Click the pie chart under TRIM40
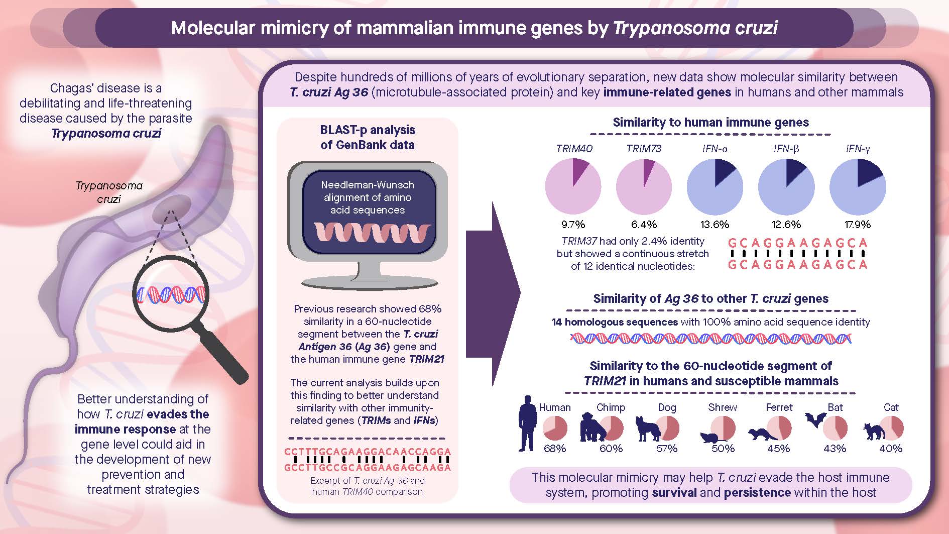[x=573, y=186]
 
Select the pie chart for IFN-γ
[x=858, y=186]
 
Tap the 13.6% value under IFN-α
[x=715, y=225]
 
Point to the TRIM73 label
[x=643, y=149]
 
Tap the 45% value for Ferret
[x=779, y=448]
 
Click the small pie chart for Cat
[x=892, y=428]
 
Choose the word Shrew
[x=723, y=407]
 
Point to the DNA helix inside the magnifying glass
[x=171, y=294]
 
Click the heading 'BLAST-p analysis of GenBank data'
[x=368, y=137]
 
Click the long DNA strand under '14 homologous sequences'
[x=710, y=339]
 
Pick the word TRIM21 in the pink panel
[x=426, y=359]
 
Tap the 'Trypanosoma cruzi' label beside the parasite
[x=109, y=192]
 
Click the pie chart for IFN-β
[x=786, y=186]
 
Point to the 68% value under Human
[x=554, y=448]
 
